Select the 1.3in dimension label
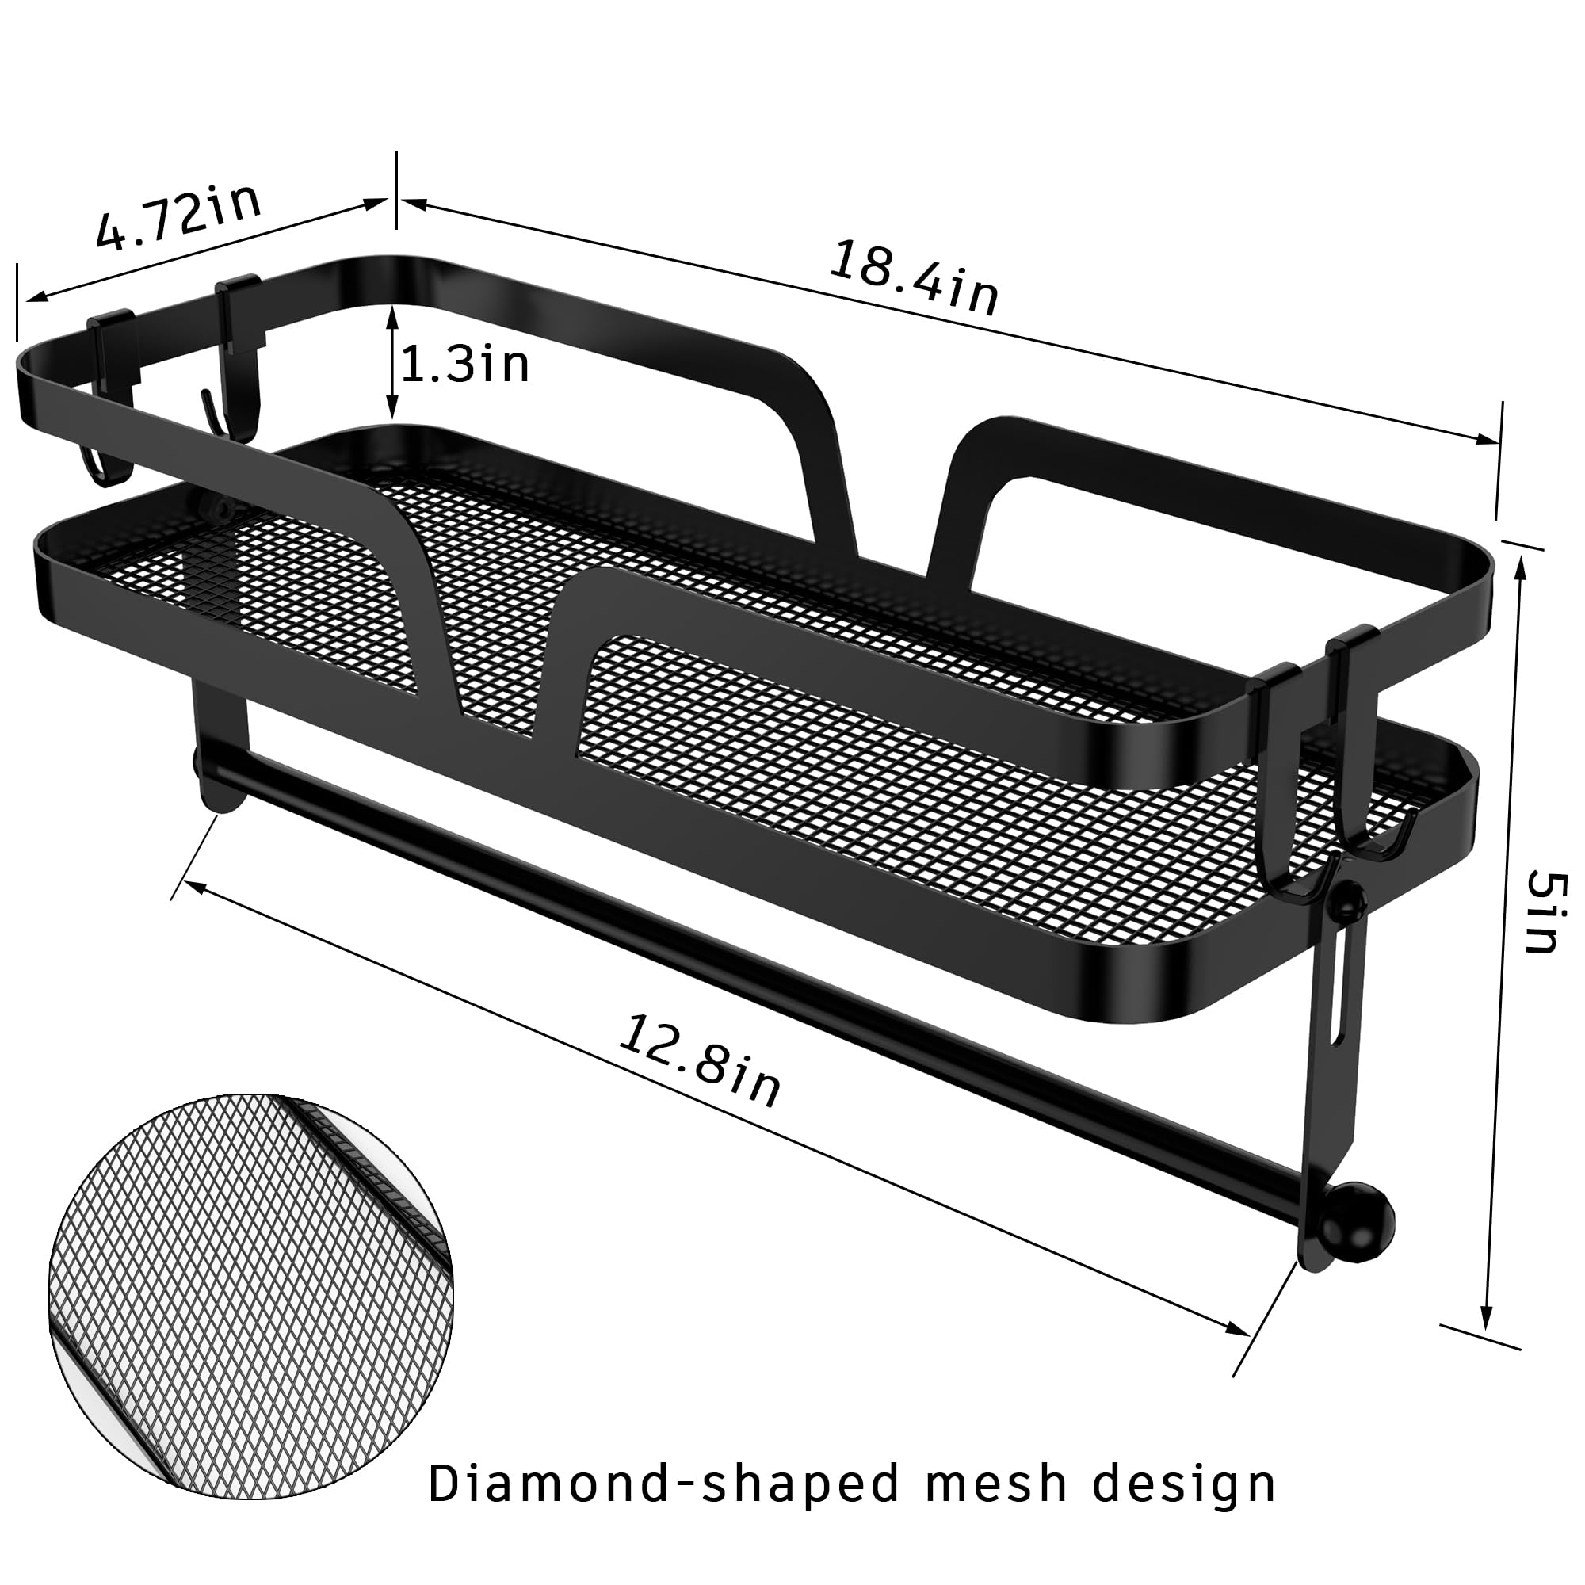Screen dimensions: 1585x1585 tap(464, 365)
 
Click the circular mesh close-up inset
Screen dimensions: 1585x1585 tap(250, 1297)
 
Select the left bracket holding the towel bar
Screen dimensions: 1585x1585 tap(220, 743)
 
